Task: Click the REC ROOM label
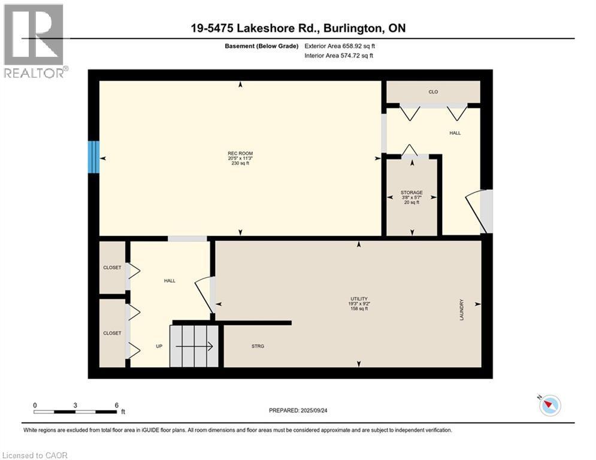pos(240,153)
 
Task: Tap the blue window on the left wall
pos(93,157)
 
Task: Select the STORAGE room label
pos(412,193)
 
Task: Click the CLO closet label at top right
pos(433,92)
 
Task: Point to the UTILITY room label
pos(359,299)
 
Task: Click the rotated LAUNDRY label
pos(462,310)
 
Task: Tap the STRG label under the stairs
pos(258,346)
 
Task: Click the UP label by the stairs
pos(160,346)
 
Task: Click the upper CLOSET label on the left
pos(112,268)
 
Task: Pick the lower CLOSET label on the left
pos(112,333)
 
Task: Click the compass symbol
pos(549,405)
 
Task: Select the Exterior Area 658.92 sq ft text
pos(340,46)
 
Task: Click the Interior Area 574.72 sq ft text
pos(339,56)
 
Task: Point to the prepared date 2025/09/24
pos(297,410)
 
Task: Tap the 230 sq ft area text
pos(240,164)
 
